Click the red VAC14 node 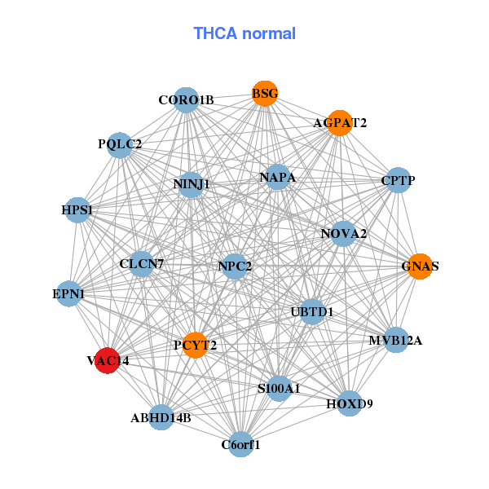[108, 360]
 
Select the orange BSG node [265, 94]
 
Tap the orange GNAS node [420, 267]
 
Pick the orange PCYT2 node [196, 346]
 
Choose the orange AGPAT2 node [340, 123]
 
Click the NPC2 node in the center [235, 267]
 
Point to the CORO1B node [186, 100]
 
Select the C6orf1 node [240, 444]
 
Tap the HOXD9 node [350, 403]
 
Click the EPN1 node [69, 293]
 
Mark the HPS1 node [77, 210]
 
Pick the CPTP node [399, 180]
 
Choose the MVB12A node [396, 340]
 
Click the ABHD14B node [161, 417]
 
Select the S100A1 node [279, 389]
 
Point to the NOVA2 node [343, 234]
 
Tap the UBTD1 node [312, 312]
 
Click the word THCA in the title [215, 33]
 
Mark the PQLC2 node [120, 145]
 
